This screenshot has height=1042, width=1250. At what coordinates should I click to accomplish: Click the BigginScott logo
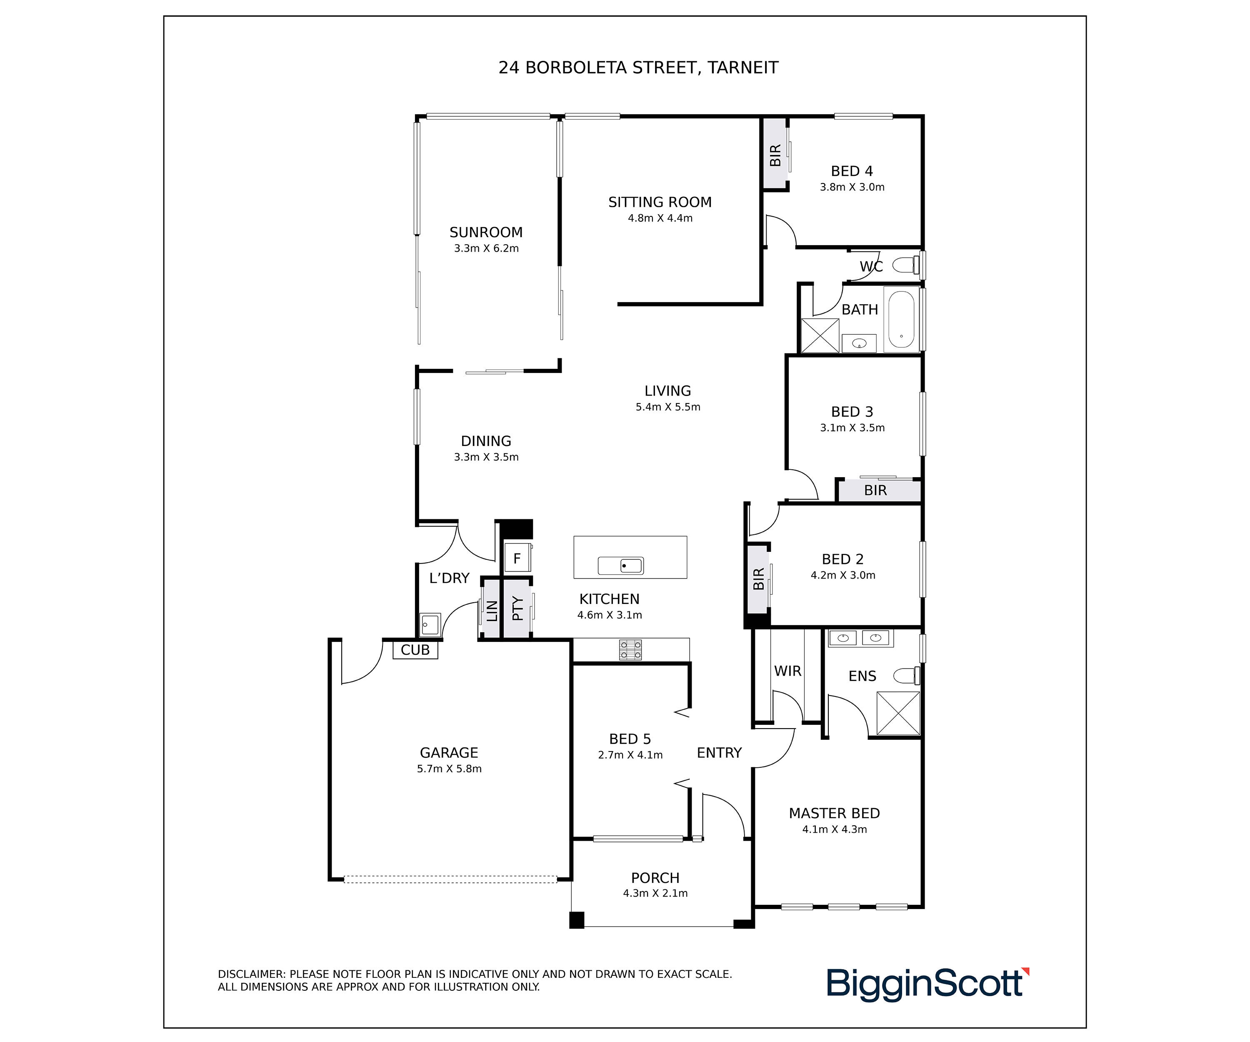tap(927, 984)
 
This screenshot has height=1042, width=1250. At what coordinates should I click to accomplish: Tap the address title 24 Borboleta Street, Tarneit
tap(638, 68)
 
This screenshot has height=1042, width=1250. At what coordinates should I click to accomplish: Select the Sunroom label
tap(486, 232)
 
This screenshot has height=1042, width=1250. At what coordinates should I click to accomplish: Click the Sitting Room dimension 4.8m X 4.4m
tap(660, 218)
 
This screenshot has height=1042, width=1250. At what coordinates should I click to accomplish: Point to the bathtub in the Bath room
tap(901, 319)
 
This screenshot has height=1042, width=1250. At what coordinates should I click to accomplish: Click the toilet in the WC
tap(906, 265)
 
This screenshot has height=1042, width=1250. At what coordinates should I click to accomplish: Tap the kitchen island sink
tap(620, 566)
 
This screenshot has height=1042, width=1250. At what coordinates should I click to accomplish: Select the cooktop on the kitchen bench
tap(630, 650)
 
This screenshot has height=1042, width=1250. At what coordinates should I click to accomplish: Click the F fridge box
tap(517, 559)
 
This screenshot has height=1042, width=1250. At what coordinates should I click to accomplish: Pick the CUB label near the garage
tap(415, 650)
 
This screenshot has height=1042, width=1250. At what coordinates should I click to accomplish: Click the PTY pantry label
tap(517, 609)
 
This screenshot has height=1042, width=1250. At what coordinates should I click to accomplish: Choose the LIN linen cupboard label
tap(492, 611)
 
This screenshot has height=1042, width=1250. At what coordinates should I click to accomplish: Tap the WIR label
tap(787, 671)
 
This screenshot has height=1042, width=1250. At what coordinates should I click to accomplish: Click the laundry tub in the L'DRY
tap(430, 625)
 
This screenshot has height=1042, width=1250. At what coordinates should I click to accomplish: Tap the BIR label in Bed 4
tap(775, 155)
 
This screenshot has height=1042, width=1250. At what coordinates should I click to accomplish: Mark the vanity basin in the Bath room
tap(859, 343)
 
